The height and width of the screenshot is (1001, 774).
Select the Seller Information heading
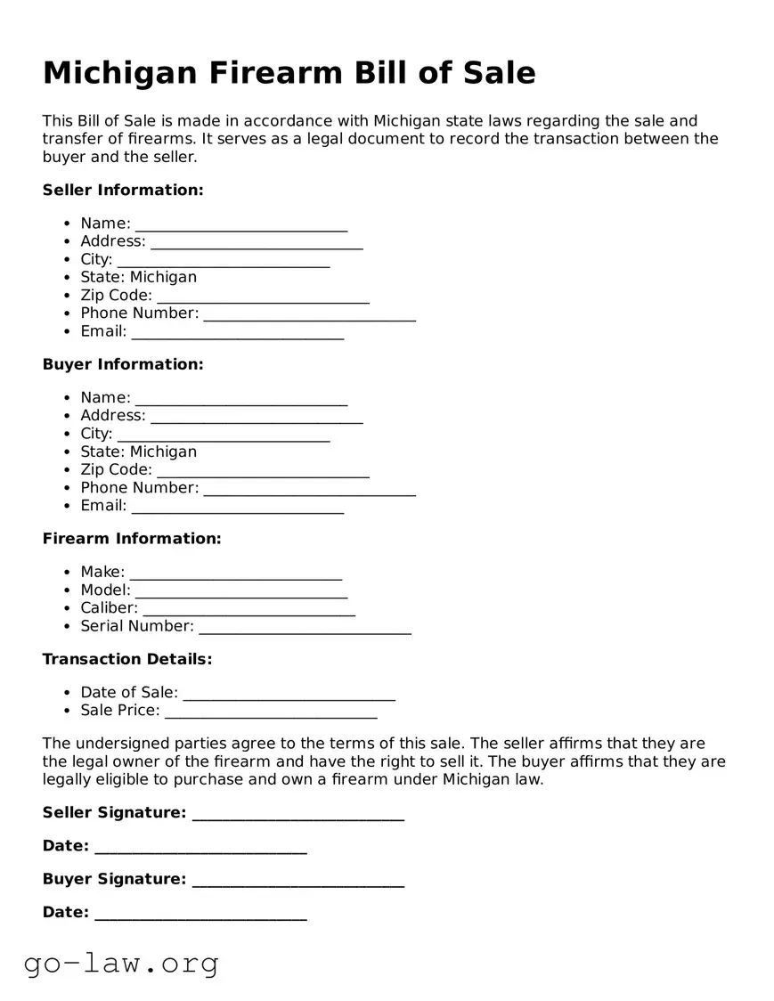coord(123,190)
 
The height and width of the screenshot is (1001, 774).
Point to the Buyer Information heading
coord(123,364)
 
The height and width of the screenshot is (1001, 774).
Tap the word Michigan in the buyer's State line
coord(163,452)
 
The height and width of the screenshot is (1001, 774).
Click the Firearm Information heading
coord(132,539)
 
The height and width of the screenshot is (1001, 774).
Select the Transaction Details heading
coord(127,659)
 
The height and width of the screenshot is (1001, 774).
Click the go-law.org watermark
coord(121,963)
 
